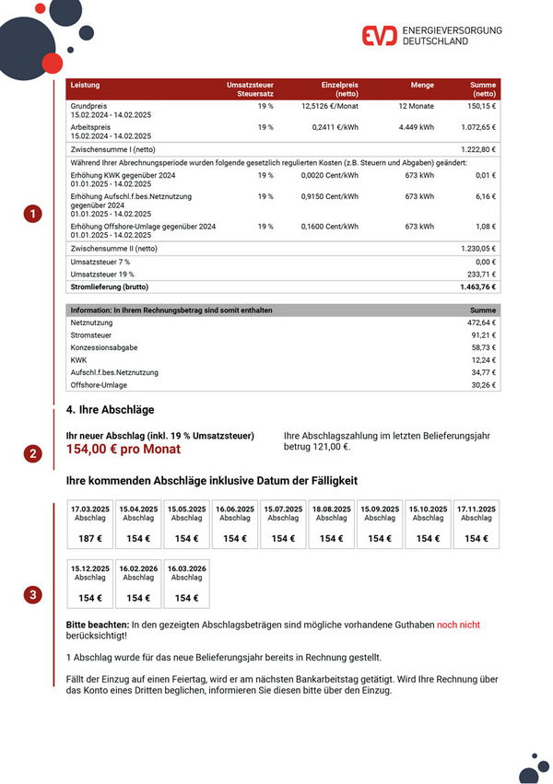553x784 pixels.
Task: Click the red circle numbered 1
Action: (33, 215)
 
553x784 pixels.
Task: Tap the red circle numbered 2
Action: (33, 453)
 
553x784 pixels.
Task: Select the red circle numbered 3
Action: (33, 595)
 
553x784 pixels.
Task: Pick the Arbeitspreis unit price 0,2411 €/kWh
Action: (335, 127)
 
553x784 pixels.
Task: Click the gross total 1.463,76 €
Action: (477, 287)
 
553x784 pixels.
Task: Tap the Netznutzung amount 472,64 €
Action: (482, 323)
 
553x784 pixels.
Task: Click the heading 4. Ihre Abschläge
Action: (111, 409)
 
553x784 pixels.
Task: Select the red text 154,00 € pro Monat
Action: (124, 450)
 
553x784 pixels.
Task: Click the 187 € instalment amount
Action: (90, 538)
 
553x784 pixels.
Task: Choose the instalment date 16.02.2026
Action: (138, 568)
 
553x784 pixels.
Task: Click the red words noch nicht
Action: (458, 625)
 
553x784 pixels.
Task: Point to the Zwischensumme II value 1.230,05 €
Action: (478, 248)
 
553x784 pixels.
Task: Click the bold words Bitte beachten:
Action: (97, 625)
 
